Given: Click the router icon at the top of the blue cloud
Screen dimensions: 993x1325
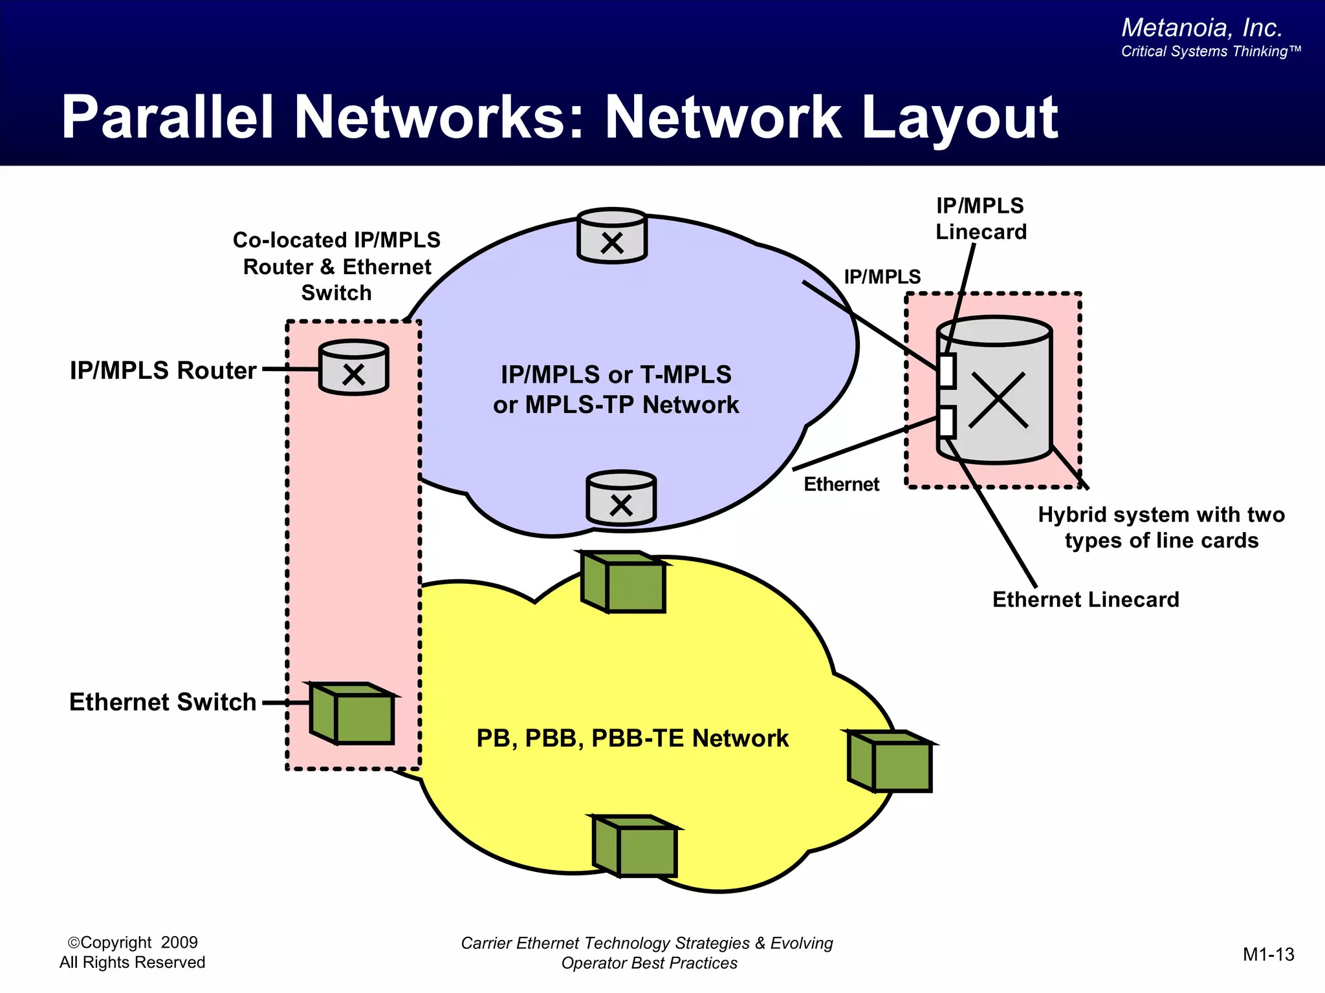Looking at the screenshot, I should coord(611,237).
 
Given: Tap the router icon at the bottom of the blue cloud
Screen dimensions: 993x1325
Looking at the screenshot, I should coord(621,498).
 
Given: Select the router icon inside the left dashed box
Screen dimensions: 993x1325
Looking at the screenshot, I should coord(354,368).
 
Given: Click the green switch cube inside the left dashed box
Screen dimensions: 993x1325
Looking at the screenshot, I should coord(353,714).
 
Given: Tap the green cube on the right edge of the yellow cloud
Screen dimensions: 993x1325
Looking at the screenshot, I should coord(891,762).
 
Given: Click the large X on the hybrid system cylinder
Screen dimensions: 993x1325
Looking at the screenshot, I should coord(998,400).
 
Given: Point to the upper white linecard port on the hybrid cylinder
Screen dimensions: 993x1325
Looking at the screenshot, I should coord(947,371).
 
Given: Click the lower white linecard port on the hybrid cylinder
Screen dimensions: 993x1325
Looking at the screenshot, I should coord(947,423).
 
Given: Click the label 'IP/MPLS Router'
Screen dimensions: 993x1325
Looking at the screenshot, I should coord(163,370).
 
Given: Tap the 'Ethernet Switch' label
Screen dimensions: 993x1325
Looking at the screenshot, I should coord(162,702).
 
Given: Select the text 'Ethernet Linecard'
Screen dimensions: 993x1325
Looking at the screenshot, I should coord(1086,599).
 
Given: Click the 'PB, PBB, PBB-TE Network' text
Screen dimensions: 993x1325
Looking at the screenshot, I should coord(632,738).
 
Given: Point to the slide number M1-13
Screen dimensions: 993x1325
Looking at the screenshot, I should coord(1268,954).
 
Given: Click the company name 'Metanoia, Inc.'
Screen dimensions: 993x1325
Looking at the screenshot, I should coord(1201,28).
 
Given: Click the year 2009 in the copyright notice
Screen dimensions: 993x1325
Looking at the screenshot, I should coord(179,943).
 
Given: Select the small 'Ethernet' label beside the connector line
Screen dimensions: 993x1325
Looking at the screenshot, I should coord(841,484).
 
